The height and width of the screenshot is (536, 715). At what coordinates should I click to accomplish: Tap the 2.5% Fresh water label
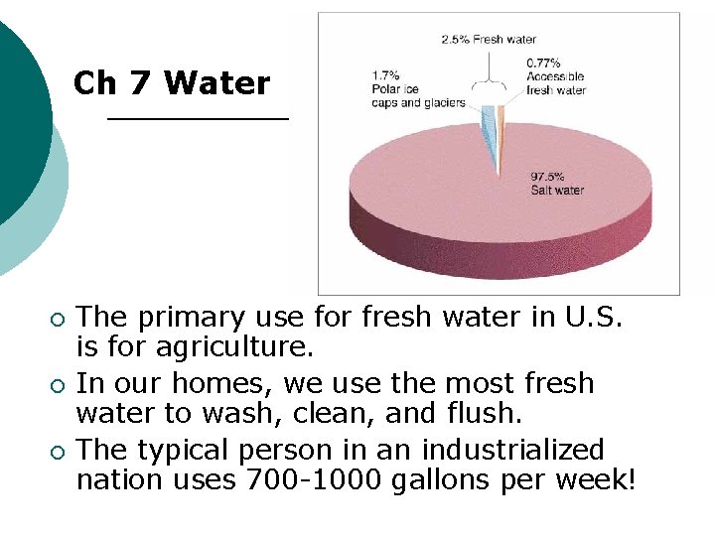pos(489,40)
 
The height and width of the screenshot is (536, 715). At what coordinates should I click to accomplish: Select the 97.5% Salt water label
pos(557,184)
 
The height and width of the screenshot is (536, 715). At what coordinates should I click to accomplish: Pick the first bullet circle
pos(58,320)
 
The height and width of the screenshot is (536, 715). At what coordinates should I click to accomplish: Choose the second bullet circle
pos(58,386)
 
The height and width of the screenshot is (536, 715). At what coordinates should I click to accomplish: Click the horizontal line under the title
pos(197,118)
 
